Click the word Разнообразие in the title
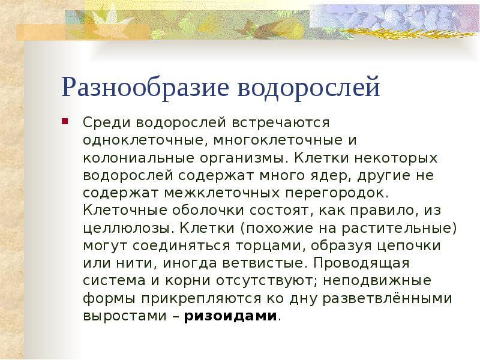tap(144, 88)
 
